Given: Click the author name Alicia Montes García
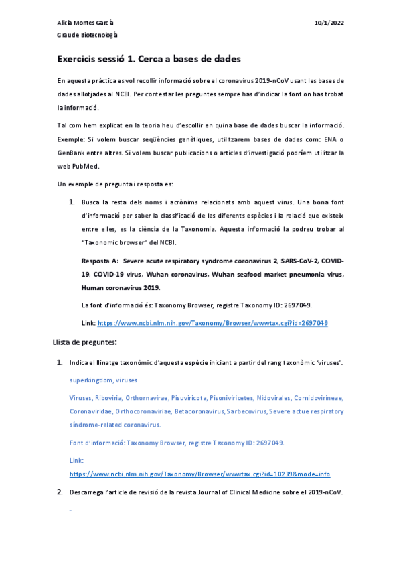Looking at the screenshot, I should [x=85, y=23].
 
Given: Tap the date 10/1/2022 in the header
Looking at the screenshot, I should [x=329, y=23].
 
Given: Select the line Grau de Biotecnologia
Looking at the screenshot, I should [x=87, y=35].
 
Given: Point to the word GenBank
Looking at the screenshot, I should [x=73, y=153].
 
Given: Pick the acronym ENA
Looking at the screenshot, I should [x=325, y=140].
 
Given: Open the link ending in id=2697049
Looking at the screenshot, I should [x=212, y=322].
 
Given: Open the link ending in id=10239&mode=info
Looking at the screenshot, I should [x=200, y=474].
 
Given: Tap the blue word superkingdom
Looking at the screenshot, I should [x=90, y=380].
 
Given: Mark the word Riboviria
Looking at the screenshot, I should [x=108, y=397].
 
